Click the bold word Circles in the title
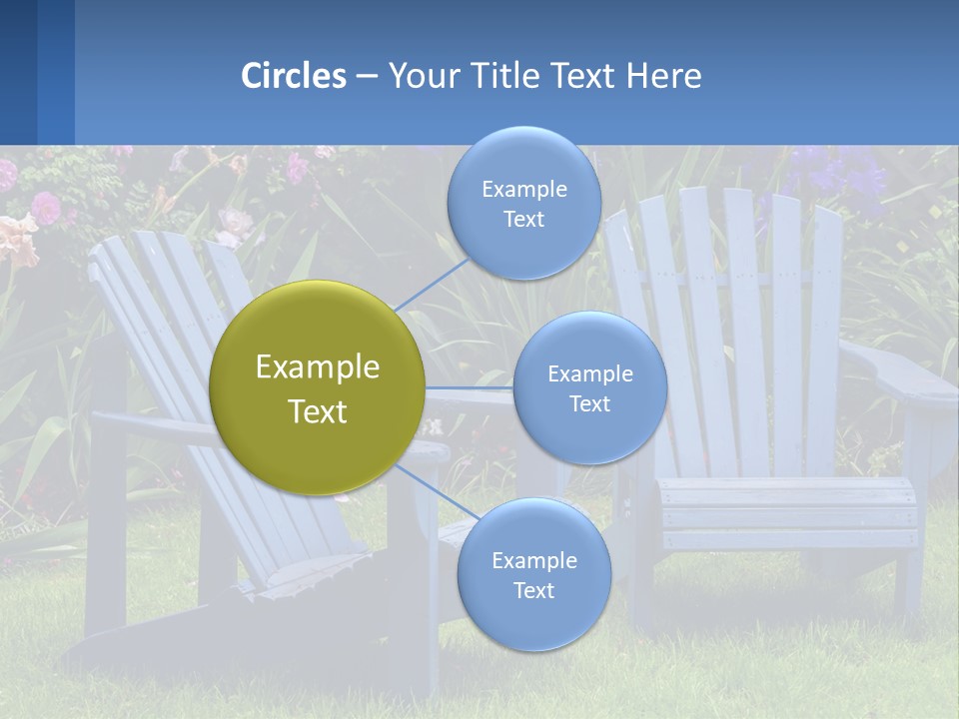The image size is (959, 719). pyautogui.click(x=294, y=76)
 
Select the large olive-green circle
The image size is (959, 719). pyautogui.click(x=317, y=387)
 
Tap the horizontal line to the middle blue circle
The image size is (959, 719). pyautogui.click(x=470, y=387)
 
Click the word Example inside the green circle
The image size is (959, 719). pyautogui.click(x=317, y=367)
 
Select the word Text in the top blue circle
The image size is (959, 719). pyautogui.click(x=523, y=220)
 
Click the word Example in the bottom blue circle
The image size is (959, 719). pyautogui.click(x=533, y=560)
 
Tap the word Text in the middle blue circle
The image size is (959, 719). pyautogui.click(x=589, y=403)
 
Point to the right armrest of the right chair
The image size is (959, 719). pyautogui.click(x=899, y=374)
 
